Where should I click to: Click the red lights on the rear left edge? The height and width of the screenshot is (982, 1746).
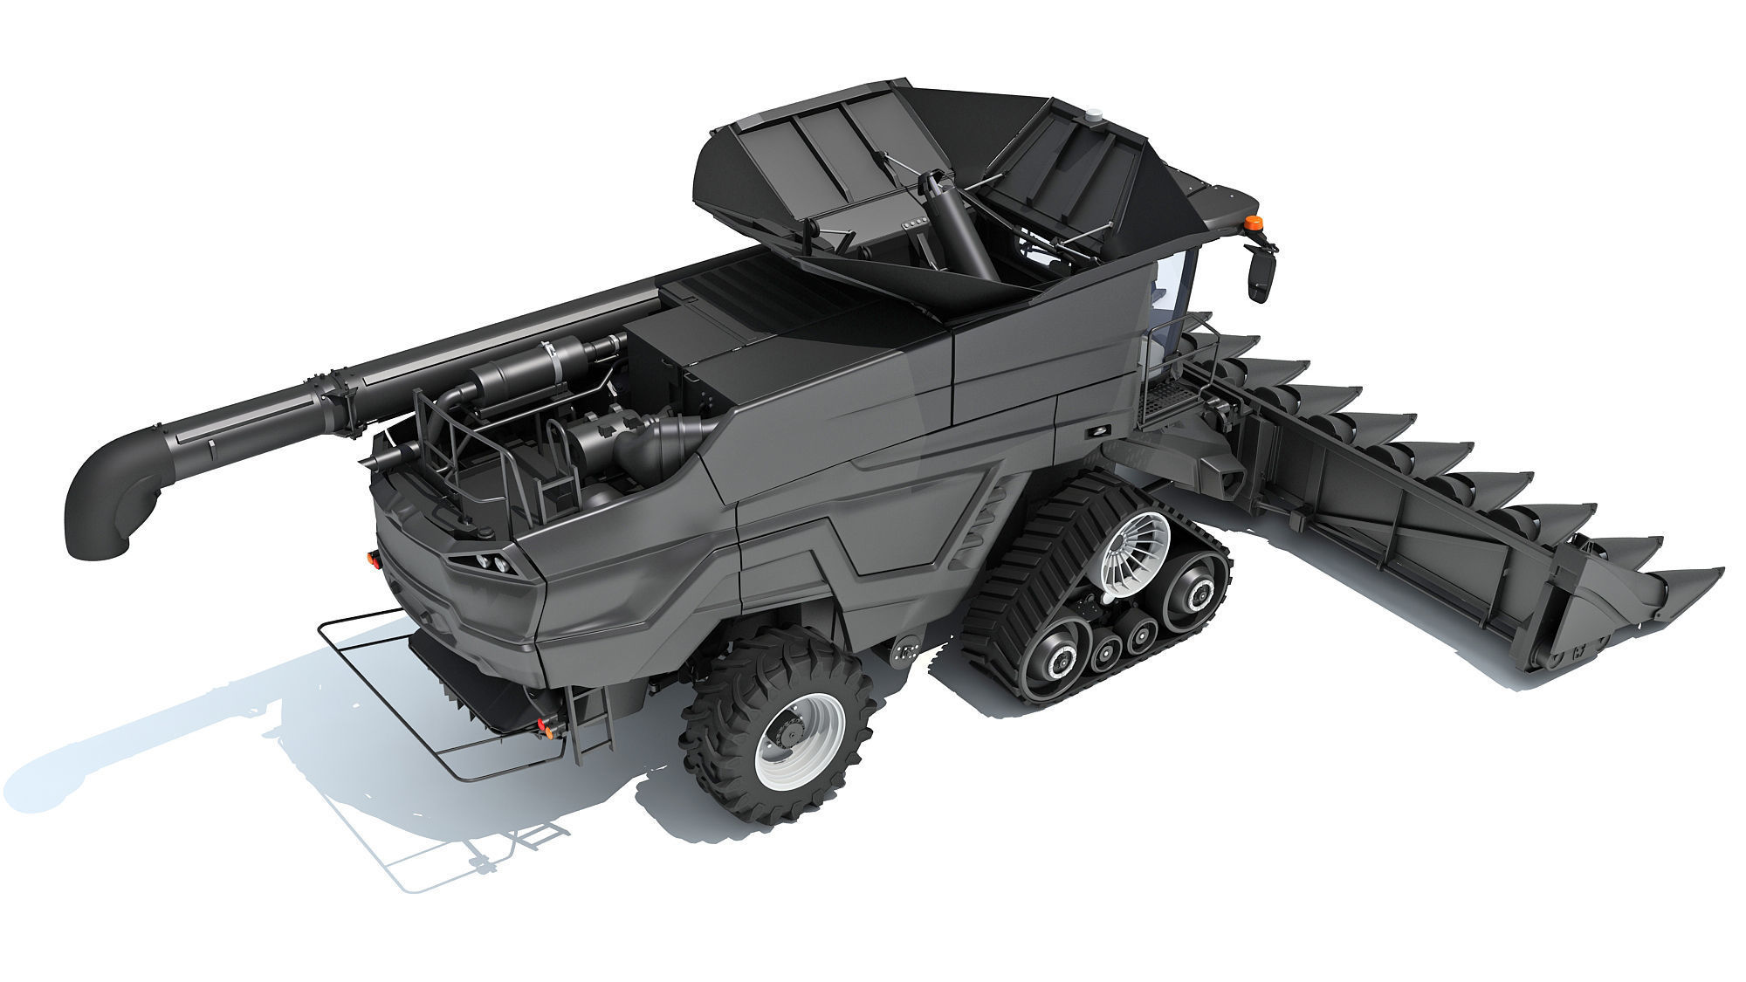click(373, 559)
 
